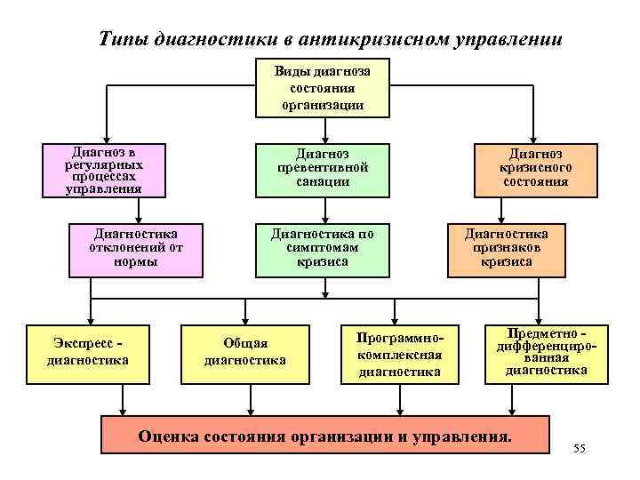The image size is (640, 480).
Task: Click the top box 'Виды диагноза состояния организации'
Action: [322, 87]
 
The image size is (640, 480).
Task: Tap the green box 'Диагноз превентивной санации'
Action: [322, 169]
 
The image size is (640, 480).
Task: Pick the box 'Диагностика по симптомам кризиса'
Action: [322, 248]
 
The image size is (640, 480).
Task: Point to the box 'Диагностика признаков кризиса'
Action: [506, 248]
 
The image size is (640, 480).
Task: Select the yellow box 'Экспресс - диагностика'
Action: [90, 352]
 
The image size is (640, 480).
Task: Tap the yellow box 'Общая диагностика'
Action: [245, 352]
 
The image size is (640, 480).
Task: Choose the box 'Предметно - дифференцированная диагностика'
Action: [547, 351]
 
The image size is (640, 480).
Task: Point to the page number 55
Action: [580, 452]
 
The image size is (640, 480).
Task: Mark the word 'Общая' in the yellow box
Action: [245, 343]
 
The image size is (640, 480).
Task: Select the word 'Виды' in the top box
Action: [291, 70]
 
